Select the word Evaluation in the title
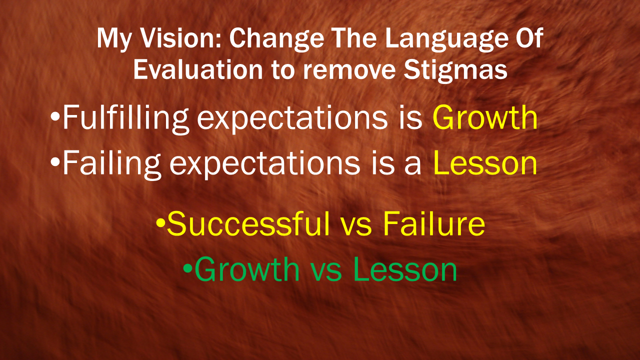coord(198,70)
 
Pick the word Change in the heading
coord(276,40)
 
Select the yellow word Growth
coord(485,117)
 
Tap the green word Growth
coord(247,269)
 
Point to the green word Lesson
coord(405,269)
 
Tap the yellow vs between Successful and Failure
coord(356,227)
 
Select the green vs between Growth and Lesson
coord(326,273)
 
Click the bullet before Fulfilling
coord(55,117)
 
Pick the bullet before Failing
coord(55,162)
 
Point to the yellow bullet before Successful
coord(161,223)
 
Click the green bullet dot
coord(187,268)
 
